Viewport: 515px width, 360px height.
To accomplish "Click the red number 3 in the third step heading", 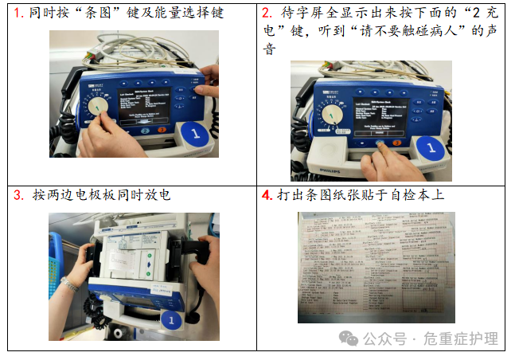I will pos(18,195).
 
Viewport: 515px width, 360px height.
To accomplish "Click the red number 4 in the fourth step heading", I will pos(268,195).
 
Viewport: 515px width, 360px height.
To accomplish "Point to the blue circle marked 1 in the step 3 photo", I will pos(169,321).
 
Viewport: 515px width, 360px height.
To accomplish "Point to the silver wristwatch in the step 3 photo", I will pos(70,284).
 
